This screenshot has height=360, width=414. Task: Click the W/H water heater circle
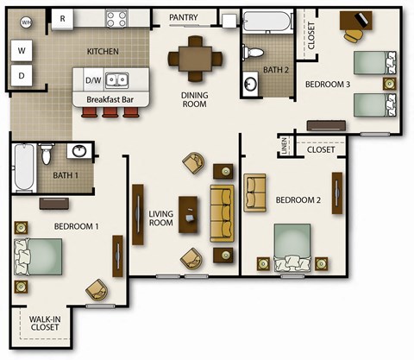[26, 22]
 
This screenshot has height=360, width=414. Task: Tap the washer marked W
[22, 50]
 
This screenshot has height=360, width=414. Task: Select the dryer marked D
[22, 76]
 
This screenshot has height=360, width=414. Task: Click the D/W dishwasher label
[93, 81]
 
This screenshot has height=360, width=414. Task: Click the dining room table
[194, 59]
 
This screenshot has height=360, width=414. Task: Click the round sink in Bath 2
[251, 85]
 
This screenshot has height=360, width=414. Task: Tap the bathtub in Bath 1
[23, 168]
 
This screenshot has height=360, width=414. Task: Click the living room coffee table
[188, 215]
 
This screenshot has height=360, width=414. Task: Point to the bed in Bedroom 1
[38, 256]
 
